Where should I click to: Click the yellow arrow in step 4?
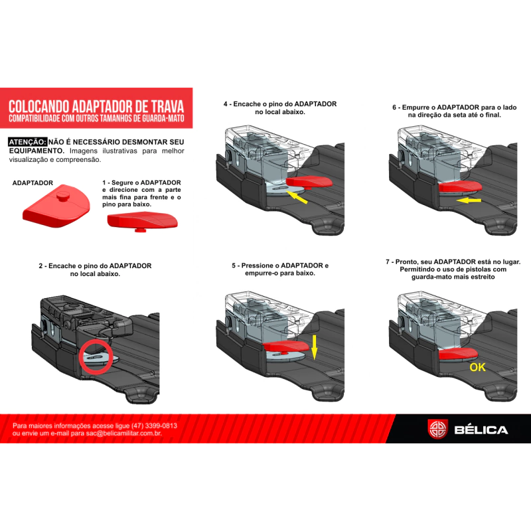(297, 197)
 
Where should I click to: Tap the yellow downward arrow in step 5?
(314, 347)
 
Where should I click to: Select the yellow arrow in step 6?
(469, 200)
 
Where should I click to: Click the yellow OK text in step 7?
(477, 367)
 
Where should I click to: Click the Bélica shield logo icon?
(437, 429)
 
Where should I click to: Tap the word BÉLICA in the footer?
(481, 430)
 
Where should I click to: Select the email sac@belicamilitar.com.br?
(123, 433)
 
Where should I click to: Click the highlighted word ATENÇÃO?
(28, 142)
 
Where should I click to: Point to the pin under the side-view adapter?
(140, 230)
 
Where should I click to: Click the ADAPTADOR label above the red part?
(33, 183)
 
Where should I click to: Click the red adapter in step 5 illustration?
(286, 346)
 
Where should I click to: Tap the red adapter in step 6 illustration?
(460, 187)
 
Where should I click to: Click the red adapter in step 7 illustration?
(458, 354)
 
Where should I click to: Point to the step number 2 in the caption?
(40, 266)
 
